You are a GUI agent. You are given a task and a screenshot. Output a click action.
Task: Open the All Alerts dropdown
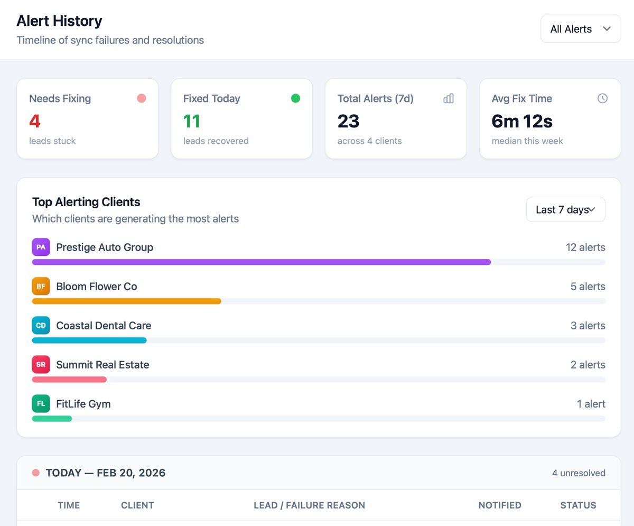[580, 29]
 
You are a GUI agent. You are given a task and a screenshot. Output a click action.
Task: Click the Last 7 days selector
[565, 210]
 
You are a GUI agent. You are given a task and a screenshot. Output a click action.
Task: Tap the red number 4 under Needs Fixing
[35, 121]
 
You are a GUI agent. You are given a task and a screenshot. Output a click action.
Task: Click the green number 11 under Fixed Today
[192, 121]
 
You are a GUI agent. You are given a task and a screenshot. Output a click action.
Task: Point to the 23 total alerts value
[349, 121]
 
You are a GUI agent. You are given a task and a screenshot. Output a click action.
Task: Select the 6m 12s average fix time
[522, 121]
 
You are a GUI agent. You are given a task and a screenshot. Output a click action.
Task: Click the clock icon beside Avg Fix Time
[602, 98]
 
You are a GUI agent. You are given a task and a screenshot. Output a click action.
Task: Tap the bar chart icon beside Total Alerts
[449, 98]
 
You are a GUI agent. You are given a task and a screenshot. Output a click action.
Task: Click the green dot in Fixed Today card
[295, 98]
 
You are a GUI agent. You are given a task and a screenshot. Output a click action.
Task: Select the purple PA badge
[41, 247]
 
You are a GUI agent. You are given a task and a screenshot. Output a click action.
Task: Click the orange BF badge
[41, 286]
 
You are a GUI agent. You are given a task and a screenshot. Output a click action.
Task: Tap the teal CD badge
[41, 325]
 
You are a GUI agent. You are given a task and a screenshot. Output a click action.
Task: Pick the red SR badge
[41, 364]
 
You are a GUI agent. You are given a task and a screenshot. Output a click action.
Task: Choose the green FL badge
[41, 403]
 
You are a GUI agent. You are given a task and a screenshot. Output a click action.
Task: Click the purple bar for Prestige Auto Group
[261, 262]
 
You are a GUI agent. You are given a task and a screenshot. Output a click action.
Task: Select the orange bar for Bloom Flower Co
[126, 301]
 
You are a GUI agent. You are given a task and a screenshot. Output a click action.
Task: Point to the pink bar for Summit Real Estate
[69, 379]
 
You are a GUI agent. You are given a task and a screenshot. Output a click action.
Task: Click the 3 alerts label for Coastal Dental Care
[588, 326]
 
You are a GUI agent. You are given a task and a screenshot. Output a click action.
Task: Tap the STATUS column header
[578, 505]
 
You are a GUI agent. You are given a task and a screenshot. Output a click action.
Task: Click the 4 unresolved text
[579, 473]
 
